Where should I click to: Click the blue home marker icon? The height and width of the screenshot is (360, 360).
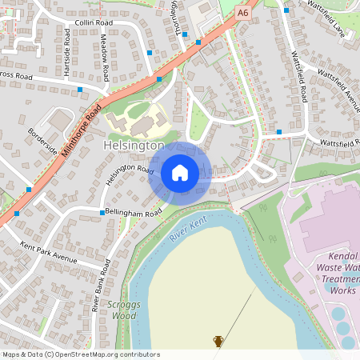point(180,172)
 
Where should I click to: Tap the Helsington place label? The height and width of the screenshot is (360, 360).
point(134,146)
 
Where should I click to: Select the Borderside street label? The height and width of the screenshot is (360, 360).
point(42,141)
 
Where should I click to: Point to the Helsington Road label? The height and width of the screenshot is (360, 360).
point(129,175)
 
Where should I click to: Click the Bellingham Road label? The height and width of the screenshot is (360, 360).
point(134,210)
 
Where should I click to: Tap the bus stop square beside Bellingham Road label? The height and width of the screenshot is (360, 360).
point(102,212)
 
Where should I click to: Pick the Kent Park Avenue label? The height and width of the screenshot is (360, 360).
point(48,254)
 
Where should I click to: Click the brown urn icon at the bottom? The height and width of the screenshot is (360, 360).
point(218,341)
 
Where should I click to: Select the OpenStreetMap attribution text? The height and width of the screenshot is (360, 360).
point(81,354)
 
